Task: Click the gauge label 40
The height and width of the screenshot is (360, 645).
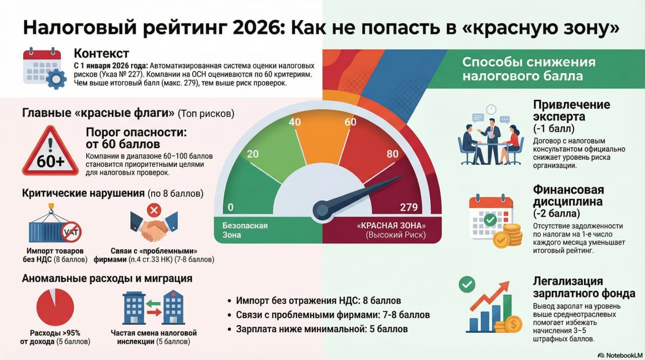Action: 295,122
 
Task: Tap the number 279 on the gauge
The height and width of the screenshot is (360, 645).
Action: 409,207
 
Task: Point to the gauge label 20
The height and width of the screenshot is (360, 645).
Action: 253,154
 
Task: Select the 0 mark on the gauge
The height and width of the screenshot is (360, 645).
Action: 231,207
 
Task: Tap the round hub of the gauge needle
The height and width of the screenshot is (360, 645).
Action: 322,211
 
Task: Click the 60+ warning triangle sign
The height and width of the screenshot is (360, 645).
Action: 50,151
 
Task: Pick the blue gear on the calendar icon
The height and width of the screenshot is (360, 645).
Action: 56,79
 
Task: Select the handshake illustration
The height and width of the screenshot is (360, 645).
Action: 154,226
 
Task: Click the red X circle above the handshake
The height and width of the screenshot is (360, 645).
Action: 154,210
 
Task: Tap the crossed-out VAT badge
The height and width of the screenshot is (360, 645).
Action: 71,232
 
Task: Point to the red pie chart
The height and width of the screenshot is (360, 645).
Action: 55,307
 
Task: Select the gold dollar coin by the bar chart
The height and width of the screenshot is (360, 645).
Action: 513,324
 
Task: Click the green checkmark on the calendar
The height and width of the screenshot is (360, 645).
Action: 490,220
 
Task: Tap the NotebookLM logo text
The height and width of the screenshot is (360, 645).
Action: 624,355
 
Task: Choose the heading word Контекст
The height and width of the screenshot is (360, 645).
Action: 101,53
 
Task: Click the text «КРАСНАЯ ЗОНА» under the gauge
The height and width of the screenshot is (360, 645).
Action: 391,225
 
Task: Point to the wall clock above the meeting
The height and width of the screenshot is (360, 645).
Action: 491,109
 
